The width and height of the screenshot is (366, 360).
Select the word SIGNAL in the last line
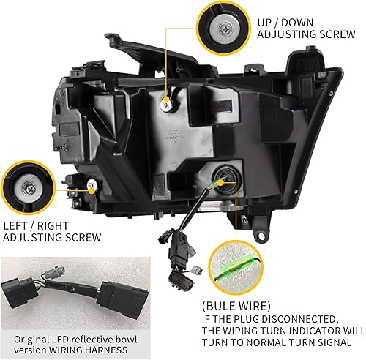coord(342,342)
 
